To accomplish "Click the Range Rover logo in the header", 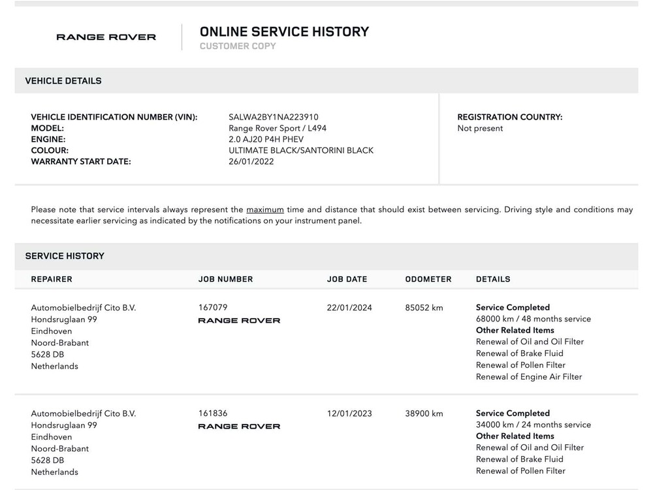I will [106, 37].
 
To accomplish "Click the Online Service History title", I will [284, 31].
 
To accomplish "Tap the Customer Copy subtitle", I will [238, 46].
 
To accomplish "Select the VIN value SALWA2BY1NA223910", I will [274, 118].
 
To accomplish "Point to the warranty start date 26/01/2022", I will [251, 161].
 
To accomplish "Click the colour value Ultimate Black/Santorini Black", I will [301, 150].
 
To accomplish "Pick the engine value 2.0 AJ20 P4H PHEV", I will [266, 139].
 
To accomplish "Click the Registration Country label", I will [509, 118].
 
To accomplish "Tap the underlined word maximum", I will [264, 210].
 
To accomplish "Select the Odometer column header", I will [428, 279].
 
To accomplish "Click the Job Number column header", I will [225, 279].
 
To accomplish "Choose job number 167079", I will [213, 307].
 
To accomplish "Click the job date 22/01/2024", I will [349, 308].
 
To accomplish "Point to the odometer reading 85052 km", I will [424, 308].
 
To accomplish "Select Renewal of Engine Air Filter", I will [529, 377].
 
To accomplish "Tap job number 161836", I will [213, 413].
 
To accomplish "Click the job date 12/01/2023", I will [349, 414].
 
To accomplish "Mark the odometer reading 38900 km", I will [424, 414].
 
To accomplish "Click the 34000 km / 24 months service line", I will [534, 425].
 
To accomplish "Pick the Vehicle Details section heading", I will [63, 81].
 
